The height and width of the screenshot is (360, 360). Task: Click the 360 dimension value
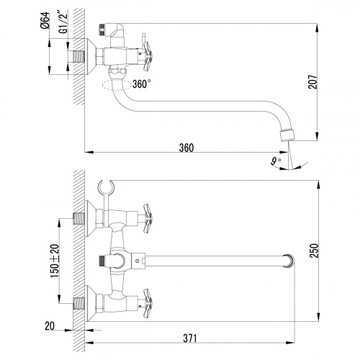186,148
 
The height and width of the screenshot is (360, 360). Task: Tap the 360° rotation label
141,84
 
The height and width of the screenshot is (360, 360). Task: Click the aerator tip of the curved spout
289,134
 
